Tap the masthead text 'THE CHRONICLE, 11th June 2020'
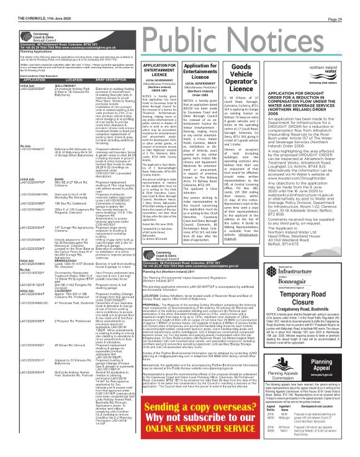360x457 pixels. pos(29,4)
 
